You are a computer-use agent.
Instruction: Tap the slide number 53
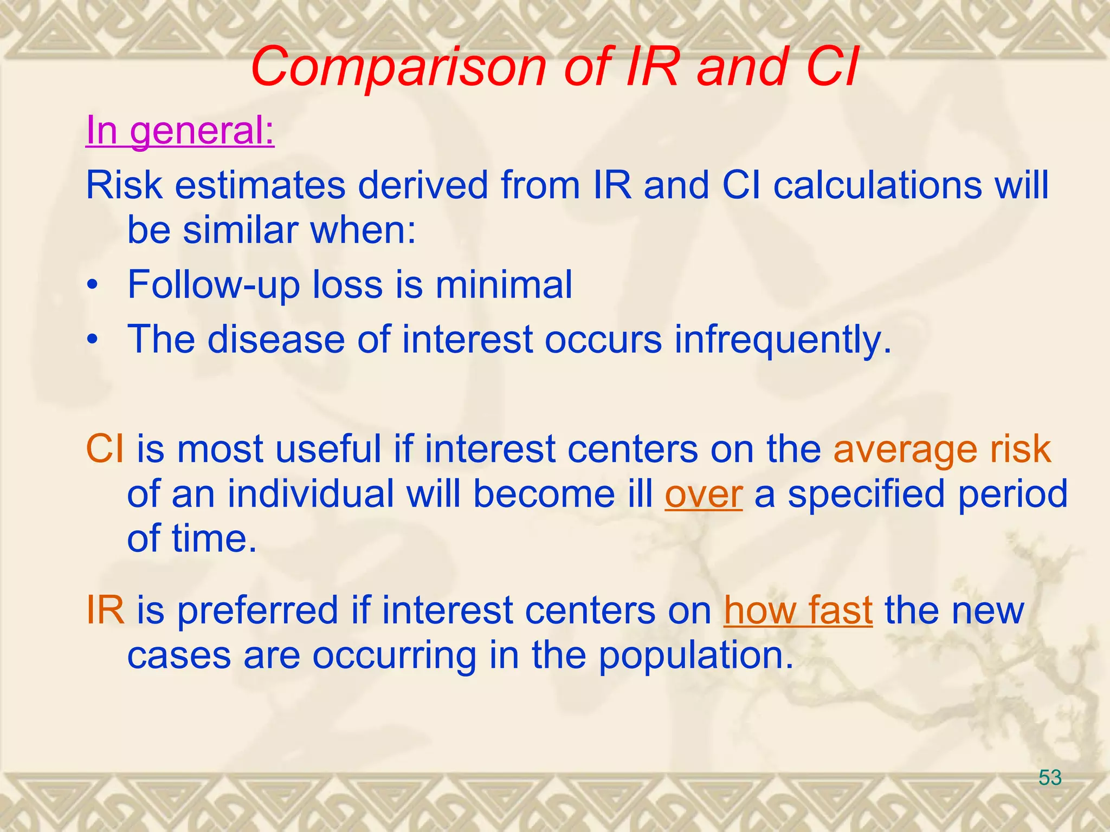[x=1050, y=778]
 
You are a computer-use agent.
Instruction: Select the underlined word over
[x=703, y=495]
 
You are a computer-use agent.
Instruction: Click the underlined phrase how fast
[x=798, y=610]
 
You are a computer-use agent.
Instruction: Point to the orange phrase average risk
[x=942, y=450]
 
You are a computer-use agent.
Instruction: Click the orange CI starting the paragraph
[x=104, y=450]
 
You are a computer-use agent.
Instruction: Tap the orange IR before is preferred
[x=105, y=610]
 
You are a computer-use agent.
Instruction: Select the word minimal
[x=504, y=285]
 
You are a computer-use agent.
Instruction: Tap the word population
[x=696, y=655]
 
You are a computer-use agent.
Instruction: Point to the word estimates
[x=260, y=185]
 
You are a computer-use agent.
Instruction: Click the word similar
[x=240, y=230]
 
